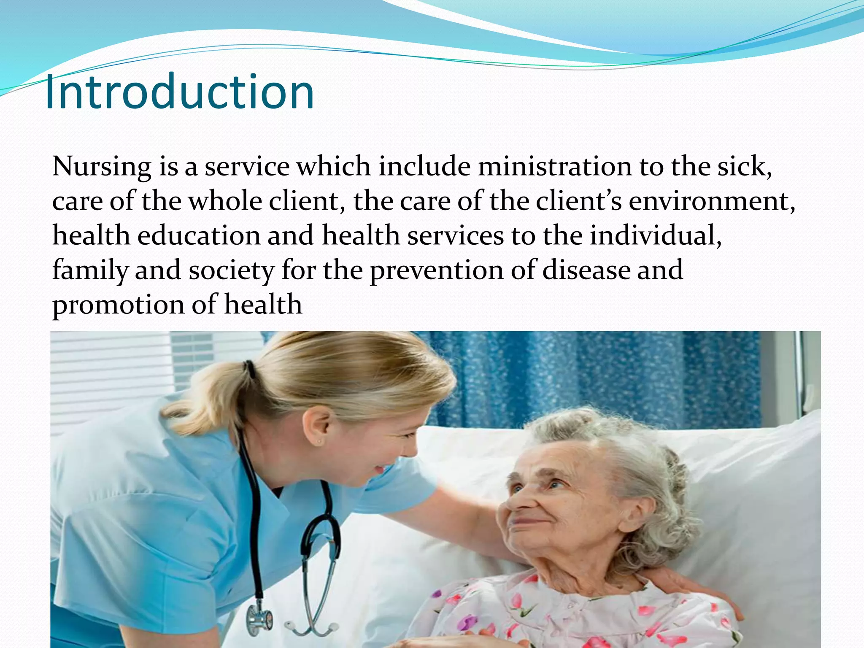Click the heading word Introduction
pos(179,92)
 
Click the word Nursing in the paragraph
pos(101,167)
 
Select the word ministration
pos(554,167)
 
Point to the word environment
pos(709,201)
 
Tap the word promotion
pos(118,305)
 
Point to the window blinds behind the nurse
pos(114,371)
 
